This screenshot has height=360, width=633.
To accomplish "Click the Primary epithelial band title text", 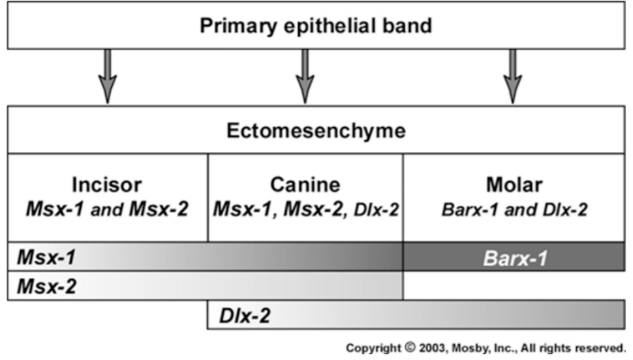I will [316, 26].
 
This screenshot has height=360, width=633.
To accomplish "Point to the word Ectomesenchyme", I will [316, 131].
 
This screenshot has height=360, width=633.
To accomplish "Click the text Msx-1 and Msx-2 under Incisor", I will [108, 210].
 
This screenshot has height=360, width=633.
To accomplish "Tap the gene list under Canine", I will [305, 210].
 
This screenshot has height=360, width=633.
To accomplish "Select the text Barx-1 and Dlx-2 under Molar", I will [515, 210].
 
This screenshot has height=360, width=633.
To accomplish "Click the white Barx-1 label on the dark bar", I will [514, 258].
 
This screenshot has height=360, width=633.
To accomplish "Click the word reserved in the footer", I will [599, 348].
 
